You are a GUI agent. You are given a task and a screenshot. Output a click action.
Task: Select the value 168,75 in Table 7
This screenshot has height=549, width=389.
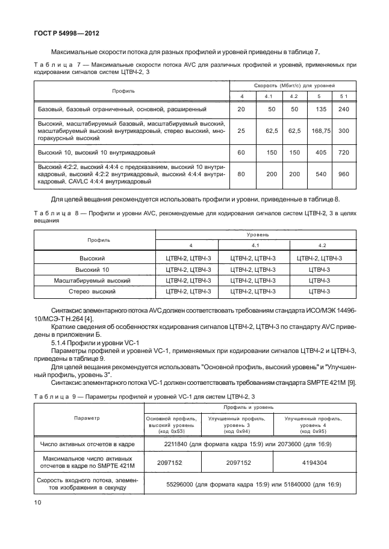coord(319,130)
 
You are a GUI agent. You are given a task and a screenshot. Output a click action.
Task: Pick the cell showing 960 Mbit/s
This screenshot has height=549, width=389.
coord(344,173)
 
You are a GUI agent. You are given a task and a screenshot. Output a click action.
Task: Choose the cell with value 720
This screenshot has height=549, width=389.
coord(344,153)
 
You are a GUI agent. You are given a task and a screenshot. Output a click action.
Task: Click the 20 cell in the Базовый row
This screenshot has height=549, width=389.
coord(241,109)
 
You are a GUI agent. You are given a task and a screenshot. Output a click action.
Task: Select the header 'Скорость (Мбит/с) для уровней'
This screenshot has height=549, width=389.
coord(294,86)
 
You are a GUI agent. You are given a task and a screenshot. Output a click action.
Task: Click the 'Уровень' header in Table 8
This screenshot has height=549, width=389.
coord(254,234)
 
